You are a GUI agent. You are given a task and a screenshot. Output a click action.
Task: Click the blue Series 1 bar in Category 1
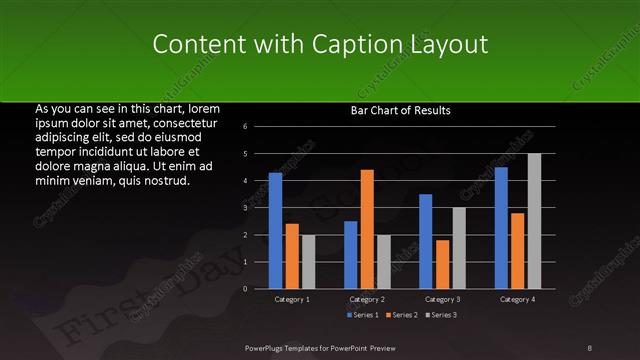275,231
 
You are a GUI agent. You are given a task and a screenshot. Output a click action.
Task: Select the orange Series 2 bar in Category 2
367,229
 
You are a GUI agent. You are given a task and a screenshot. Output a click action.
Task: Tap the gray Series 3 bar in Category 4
534,221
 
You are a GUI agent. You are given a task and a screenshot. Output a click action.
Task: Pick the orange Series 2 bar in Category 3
442,264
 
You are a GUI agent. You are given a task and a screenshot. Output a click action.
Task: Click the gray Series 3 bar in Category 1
308,262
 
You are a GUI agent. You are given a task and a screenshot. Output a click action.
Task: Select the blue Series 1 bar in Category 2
350,255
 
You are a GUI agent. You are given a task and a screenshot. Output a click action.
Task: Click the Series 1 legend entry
362,315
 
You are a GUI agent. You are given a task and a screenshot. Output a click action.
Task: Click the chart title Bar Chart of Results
400,110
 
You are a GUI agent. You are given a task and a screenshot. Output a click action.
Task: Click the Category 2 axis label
367,299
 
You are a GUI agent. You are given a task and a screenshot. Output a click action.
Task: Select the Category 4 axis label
517,299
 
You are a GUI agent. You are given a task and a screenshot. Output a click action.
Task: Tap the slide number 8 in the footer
590,346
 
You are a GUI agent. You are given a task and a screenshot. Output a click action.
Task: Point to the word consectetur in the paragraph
180,122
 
